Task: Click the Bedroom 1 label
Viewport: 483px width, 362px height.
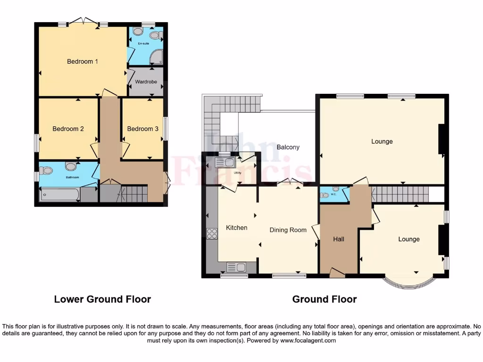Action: pos(82,61)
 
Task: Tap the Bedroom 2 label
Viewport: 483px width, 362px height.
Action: pos(68,129)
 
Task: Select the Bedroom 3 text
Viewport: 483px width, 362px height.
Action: pos(142,129)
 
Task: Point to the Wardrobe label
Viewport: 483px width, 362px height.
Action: pos(146,82)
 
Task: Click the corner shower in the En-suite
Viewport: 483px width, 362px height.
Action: pos(156,58)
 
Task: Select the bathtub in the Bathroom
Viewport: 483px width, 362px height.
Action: pos(59,193)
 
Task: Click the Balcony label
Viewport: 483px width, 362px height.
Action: pos(288,147)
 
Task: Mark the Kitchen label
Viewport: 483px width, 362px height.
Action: pos(236,228)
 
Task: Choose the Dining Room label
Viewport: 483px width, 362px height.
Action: pos(288,230)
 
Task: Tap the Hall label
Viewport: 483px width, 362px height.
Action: pos(338,239)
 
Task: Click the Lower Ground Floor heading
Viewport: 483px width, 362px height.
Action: pos(102,299)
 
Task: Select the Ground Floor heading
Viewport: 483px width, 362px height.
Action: pos(325,299)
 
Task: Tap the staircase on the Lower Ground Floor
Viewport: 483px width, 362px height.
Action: pos(134,193)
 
